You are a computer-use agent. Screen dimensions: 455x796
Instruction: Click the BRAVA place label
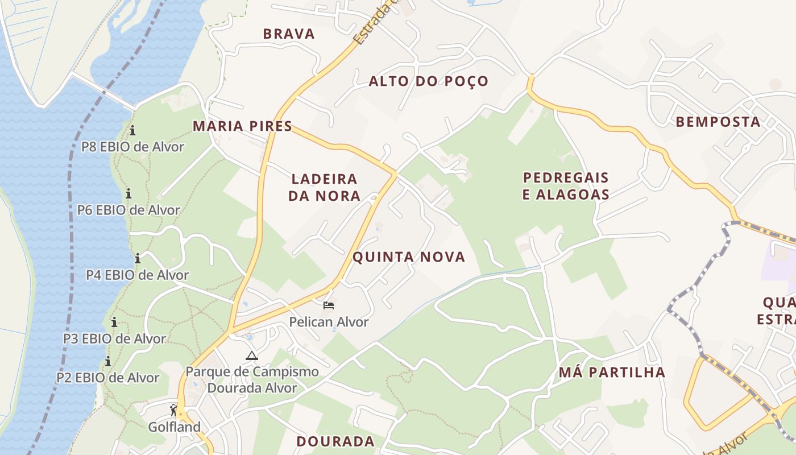pos(289,34)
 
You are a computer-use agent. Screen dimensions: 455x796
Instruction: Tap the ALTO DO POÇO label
pos(428,81)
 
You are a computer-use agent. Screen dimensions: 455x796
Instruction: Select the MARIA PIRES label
pos(242,126)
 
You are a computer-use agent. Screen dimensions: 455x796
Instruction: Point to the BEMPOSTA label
pos(718,122)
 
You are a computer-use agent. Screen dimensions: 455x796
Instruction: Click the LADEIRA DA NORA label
pos(324,188)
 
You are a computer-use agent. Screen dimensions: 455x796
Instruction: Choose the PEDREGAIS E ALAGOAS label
pos(566,186)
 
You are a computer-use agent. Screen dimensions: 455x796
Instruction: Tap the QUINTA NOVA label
pos(409,257)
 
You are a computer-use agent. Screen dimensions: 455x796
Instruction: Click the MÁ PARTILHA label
pos(612,373)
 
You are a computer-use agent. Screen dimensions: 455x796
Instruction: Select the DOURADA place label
pos(335,441)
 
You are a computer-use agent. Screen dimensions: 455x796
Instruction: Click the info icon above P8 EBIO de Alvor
pos(132,131)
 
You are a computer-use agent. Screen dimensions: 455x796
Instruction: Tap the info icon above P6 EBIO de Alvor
pos(128,193)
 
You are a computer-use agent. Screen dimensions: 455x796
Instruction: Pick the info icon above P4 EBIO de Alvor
pos(137,259)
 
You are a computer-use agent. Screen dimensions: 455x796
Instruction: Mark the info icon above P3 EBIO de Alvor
pos(114,322)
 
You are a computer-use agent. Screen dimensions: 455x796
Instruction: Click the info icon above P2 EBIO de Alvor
pos(107,362)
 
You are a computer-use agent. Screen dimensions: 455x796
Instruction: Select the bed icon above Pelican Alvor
pos(329,305)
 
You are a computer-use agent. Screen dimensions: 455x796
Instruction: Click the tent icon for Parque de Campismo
pos(251,356)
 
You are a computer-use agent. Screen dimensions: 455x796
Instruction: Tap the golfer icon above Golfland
pos(174,410)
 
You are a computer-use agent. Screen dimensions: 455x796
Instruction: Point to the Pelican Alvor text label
pos(329,322)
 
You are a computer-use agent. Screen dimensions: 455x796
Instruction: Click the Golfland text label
pos(174,427)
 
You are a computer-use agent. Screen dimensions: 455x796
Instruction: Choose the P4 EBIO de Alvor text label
pos(137,275)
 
